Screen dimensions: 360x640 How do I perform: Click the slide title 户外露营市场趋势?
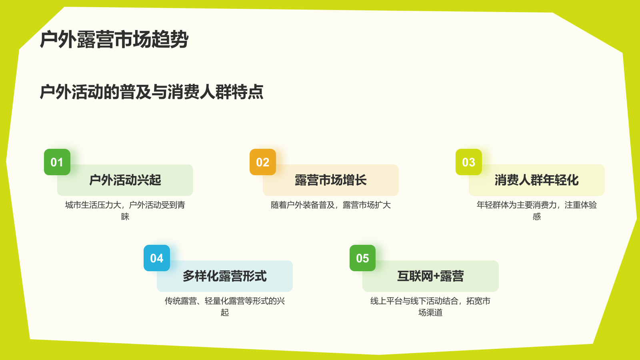click(x=114, y=40)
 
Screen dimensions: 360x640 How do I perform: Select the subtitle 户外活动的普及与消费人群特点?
click(x=152, y=92)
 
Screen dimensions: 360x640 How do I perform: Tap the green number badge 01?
click(x=57, y=162)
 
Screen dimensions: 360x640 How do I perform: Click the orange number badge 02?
click(x=263, y=162)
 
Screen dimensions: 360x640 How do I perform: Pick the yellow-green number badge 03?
click(x=468, y=162)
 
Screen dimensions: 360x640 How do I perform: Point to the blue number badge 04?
click(x=157, y=258)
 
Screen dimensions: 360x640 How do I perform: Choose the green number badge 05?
click(x=362, y=258)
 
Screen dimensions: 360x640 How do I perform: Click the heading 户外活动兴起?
click(x=125, y=180)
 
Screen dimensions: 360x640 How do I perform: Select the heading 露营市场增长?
click(x=331, y=180)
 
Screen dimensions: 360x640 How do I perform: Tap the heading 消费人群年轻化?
click(x=536, y=180)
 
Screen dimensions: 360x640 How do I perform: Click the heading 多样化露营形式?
click(x=225, y=276)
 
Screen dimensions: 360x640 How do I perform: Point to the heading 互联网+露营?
click(x=430, y=276)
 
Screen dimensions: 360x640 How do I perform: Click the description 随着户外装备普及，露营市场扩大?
click(x=331, y=205)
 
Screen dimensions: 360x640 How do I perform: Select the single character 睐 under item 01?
click(x=125, y=217)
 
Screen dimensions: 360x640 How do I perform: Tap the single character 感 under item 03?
click(x=537, y=217)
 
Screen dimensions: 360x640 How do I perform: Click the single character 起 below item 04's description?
click(x=225, y=313)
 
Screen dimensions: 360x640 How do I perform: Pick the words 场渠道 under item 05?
click(x=430, y=313)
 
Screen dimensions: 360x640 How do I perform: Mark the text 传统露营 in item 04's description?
click(x=180, y=301)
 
